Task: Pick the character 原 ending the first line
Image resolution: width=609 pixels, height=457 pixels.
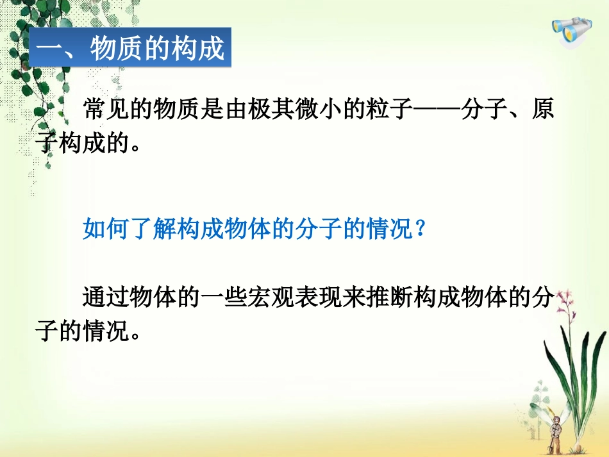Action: [x=542, y=110]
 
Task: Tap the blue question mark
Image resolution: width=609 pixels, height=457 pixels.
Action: [x=421, y=229]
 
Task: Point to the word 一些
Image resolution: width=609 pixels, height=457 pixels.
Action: [x=224, y=298]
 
